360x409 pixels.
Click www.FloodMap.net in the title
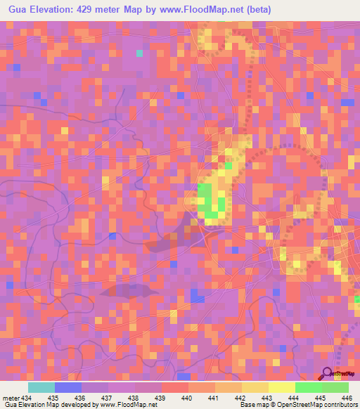point(194,10)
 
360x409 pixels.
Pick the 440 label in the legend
point(186,398)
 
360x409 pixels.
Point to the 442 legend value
point(240,398)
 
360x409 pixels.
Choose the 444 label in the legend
point(293,398)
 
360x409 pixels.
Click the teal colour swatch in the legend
point(41,387)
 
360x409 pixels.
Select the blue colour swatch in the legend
point(67,387)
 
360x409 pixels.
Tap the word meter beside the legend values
point(11,398)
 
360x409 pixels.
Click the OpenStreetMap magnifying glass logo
point(328,374)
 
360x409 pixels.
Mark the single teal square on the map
point(139,53)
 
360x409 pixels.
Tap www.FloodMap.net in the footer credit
point(127,405)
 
